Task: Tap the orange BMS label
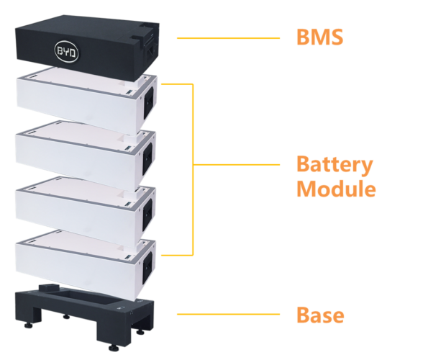[x=319, y=37]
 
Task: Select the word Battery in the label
[x=334, y=165]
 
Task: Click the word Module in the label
[x=336, y=190]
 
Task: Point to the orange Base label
[x=320, y=315]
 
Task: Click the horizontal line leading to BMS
[x=227, y=38]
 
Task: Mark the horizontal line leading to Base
[x=227, y=315]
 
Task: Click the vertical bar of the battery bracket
[x=193, y=168]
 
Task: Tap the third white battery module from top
[x=79, y=209]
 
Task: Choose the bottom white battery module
[x=79, y=263]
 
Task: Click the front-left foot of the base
[x=29, y=325]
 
